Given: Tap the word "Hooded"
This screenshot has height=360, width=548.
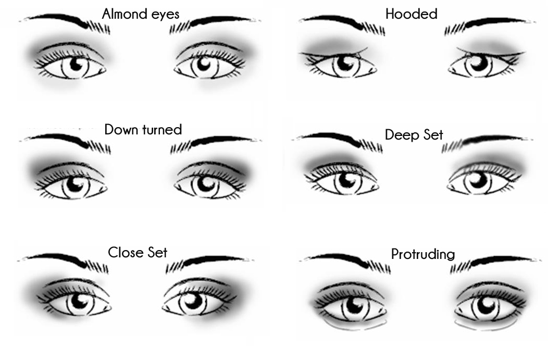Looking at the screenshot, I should [411, 14].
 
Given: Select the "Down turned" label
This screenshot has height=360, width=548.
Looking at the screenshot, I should [143, 129].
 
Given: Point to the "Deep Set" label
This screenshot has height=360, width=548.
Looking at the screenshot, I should [414, 135].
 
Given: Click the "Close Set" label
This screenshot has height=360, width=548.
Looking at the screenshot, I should [138, 253].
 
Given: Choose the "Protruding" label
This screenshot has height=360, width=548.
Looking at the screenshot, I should [422, 254].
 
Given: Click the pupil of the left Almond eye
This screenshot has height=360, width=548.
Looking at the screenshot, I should [76, 65].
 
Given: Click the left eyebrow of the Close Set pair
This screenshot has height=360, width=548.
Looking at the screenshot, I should [65, 259].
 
